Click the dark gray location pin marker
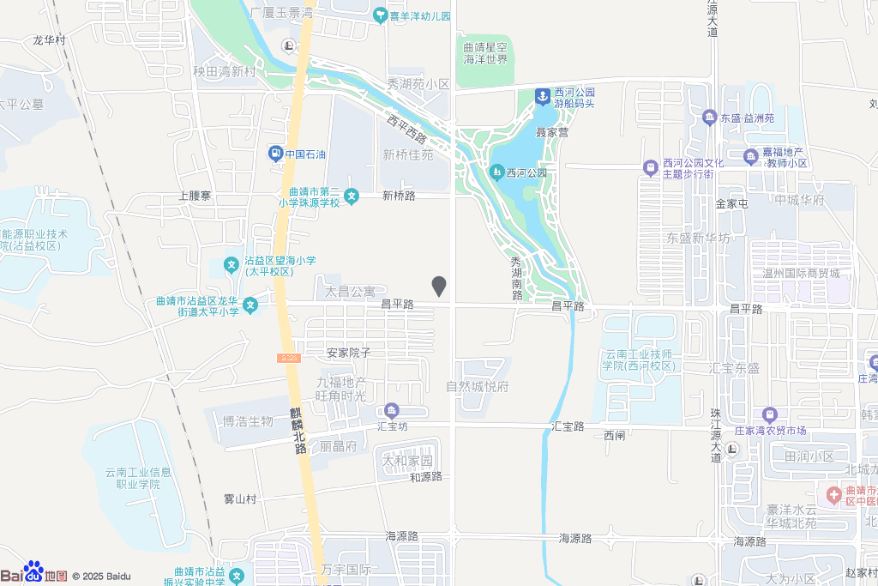coord(439,287)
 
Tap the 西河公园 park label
coord(526,172)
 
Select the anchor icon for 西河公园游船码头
coord(543,97)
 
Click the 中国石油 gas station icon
coord(275,154)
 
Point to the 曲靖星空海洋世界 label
coord(485,54)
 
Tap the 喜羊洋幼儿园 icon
coord(380,15)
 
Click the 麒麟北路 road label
coord(298,430)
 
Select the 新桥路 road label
coord(399,196)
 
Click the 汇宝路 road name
coord(568,426)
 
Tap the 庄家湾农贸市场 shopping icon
coord(769,414)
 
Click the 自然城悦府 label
coord(477,386)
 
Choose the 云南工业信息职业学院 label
coord(138,478)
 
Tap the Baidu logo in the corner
coord(34,573)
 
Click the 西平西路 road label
coord(406,130)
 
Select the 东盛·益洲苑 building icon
coord(709,118)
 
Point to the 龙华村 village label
coord(49,39)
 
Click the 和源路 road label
coord(425,476)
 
